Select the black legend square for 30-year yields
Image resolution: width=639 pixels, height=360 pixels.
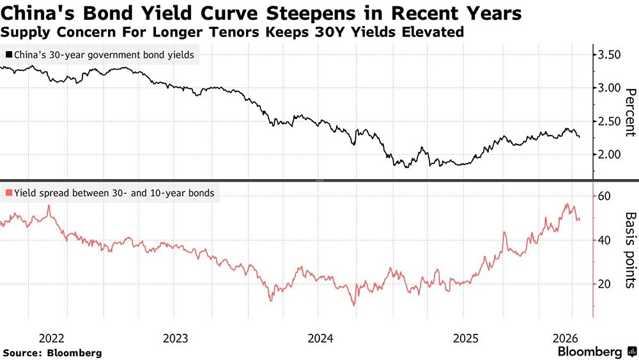point(8,55)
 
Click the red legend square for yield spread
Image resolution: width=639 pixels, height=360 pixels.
point(8,192)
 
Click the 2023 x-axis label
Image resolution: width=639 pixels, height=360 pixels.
point(175,338)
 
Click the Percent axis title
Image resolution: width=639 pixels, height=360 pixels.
point(629,113)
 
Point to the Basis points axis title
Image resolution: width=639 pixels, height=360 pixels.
point(629,250)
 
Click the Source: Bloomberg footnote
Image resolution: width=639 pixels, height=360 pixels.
point(52,352)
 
